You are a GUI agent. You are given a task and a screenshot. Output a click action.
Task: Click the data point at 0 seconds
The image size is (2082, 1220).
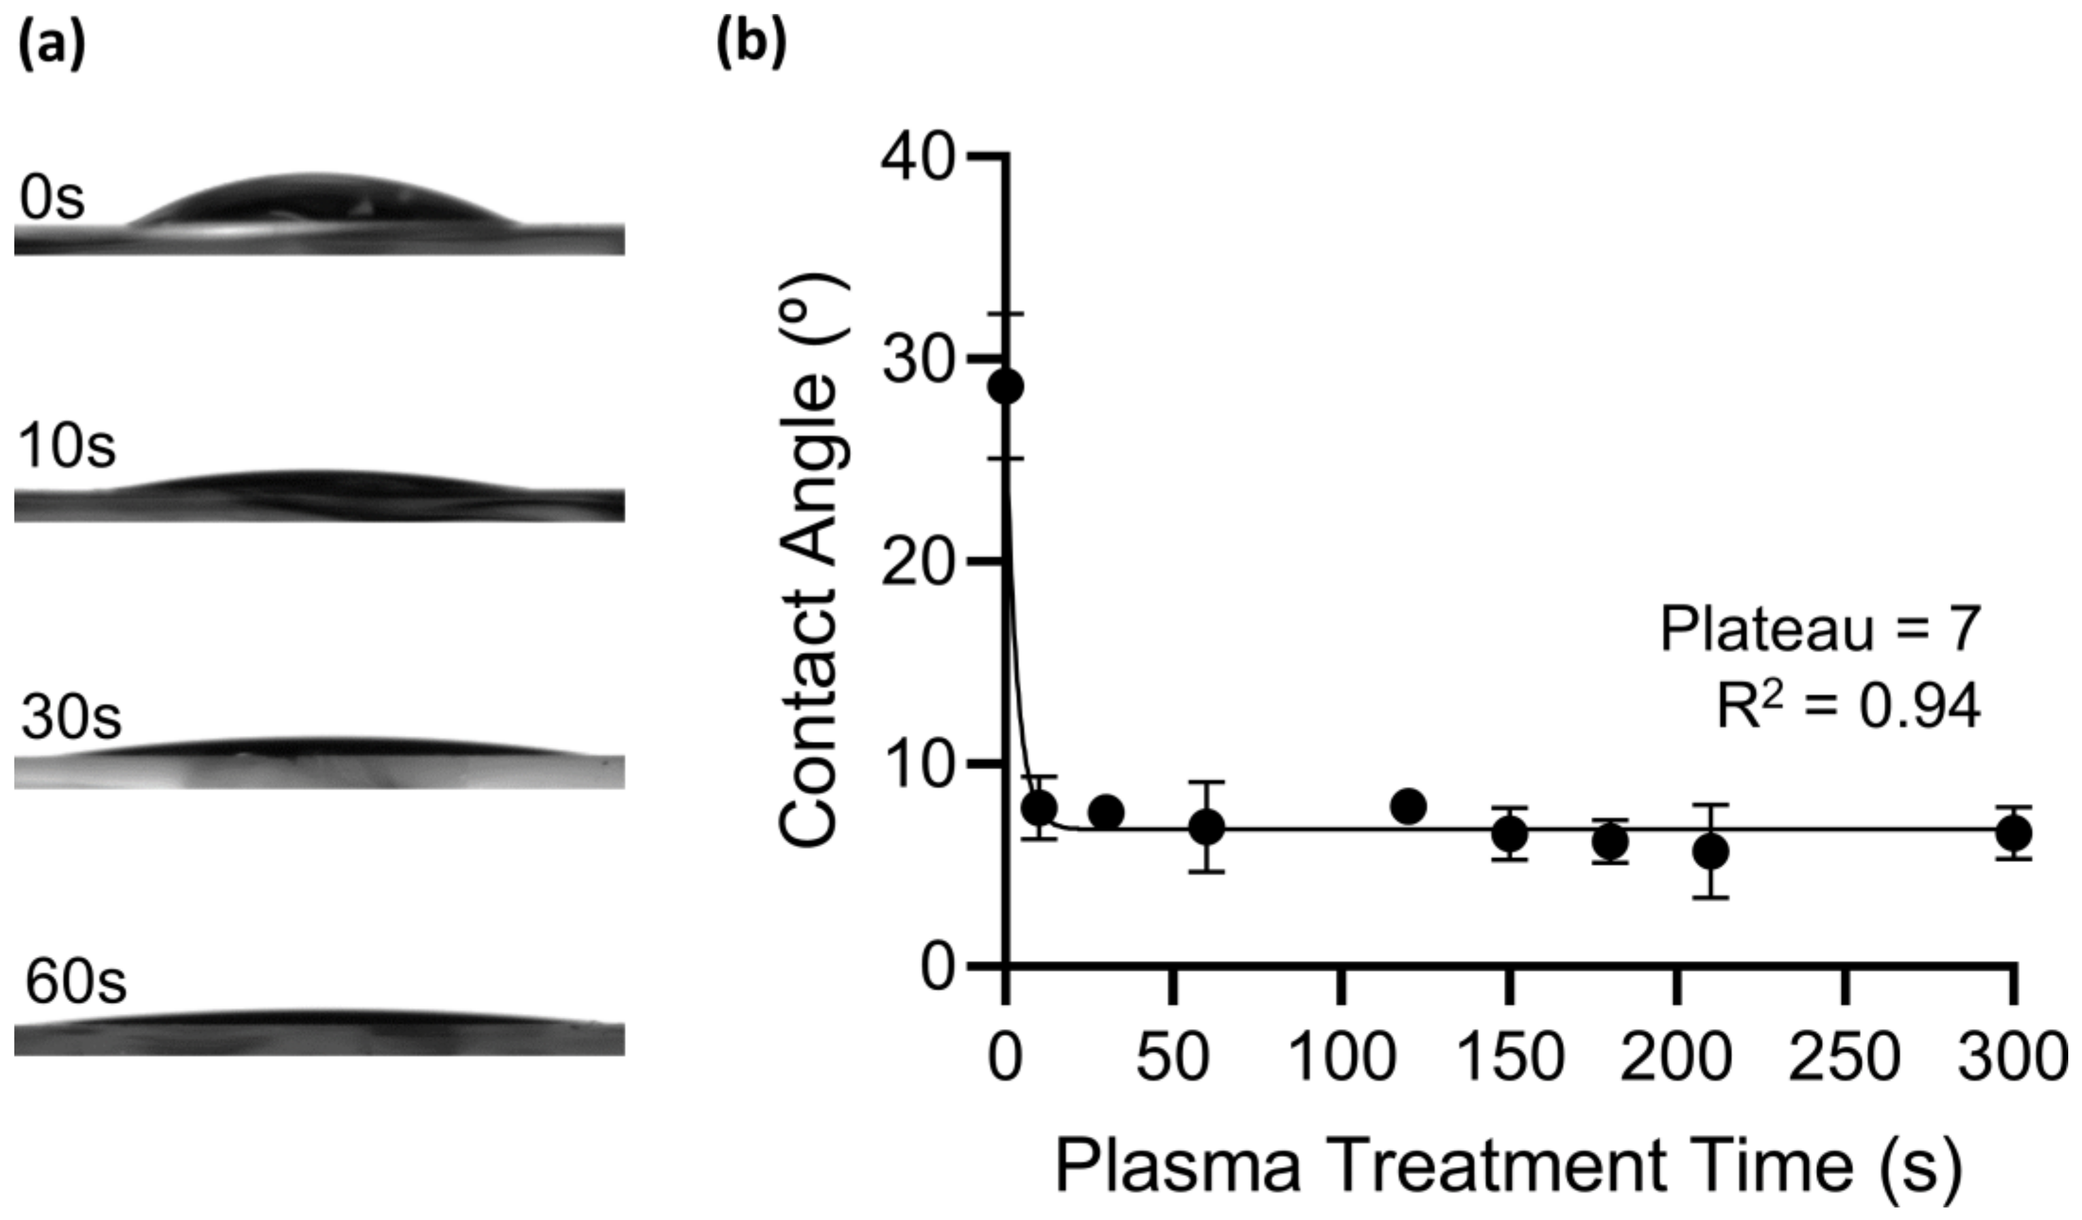pos(1006,386)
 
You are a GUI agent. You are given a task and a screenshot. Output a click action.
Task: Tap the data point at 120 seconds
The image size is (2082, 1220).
pos(1408,805)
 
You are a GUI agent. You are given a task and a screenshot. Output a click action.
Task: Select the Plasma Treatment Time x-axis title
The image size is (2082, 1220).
pos(1508,1167)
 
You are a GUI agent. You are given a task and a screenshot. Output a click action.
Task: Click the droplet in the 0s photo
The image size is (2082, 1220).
pos(322,202)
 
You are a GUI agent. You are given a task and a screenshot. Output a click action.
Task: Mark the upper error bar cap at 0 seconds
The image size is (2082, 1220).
pos(1006,314)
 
